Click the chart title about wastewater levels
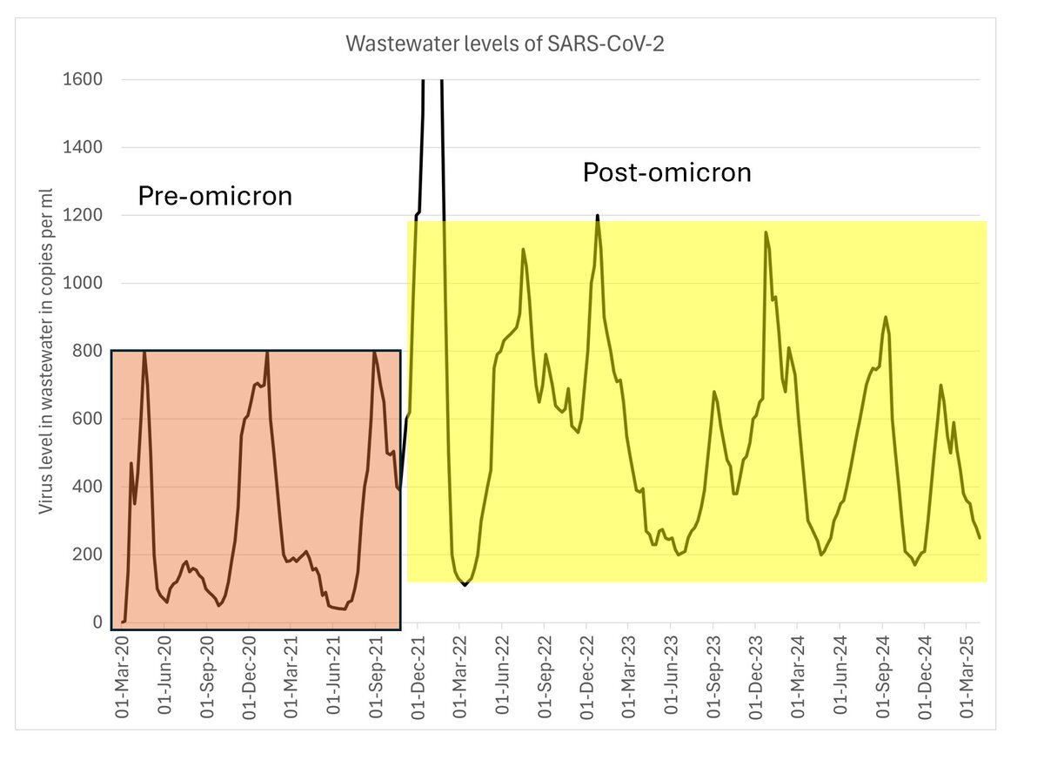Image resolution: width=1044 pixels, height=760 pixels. tap(505, 44)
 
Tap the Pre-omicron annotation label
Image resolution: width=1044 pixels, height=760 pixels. tap(215, 197)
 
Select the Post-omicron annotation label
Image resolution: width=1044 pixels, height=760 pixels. tap(666, 172)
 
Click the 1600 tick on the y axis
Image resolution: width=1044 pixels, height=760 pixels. tap(84, 80)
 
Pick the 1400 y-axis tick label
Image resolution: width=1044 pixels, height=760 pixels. tap(84, 148)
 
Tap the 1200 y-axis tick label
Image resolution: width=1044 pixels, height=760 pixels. tap(84, 216)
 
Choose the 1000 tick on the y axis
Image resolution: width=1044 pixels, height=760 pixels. tap(84, 284)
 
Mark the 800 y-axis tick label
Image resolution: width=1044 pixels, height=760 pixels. tap(88, 352)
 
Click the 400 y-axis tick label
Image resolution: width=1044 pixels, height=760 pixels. tap(88, 488)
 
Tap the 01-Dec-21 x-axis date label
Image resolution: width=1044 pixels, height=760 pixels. tap(418, 674)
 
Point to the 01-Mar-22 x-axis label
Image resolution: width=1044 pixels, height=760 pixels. tap(460, 674)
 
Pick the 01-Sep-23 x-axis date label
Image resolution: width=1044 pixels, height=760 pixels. tap(713, 674)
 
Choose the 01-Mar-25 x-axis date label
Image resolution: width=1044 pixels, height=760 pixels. tap(966, 674)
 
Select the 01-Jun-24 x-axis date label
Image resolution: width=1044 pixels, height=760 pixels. tap(840, 674)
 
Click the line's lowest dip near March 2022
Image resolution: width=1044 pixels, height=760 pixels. tap(465, 585)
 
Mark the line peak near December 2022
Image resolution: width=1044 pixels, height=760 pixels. tap(598, 216)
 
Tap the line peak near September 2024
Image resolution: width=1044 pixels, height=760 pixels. tap(886, 317)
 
